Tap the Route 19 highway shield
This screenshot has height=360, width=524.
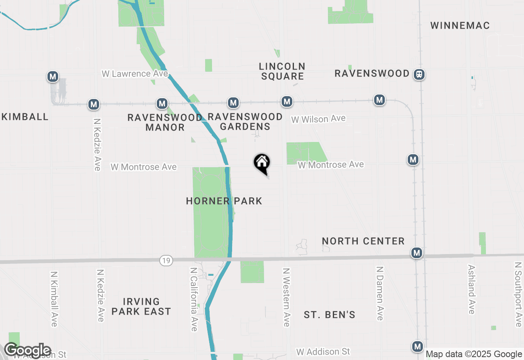coord(166,261)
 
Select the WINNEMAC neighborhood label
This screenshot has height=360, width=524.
coord(460,25)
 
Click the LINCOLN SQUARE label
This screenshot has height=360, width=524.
coord(282,71)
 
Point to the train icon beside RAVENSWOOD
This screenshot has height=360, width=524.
coord(419,74)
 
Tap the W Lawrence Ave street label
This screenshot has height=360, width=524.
coord(135,74)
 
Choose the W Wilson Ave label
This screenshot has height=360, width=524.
coord(318,119)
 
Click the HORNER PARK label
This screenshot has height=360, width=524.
coord(224,201)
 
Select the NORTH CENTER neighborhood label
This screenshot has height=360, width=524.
coord(363,241)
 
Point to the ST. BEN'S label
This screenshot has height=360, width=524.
coord(330,315)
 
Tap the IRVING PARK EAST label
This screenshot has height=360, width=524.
coord(141,306)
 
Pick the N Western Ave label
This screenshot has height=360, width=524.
coord(287,297)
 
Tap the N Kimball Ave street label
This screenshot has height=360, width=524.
coord(54,299)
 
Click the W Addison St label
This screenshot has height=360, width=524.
coord(323,352)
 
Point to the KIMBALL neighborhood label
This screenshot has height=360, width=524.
coord(25,117)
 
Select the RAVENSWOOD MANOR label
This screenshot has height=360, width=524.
coord(165,122)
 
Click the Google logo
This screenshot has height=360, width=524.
coord(27,351)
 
